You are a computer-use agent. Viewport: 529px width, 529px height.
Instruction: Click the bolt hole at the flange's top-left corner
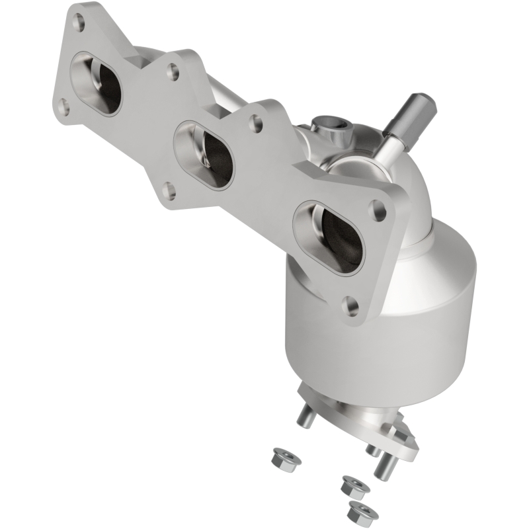[x=79, y=23]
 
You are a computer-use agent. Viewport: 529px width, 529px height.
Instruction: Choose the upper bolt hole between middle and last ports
[x=255, y=121]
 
